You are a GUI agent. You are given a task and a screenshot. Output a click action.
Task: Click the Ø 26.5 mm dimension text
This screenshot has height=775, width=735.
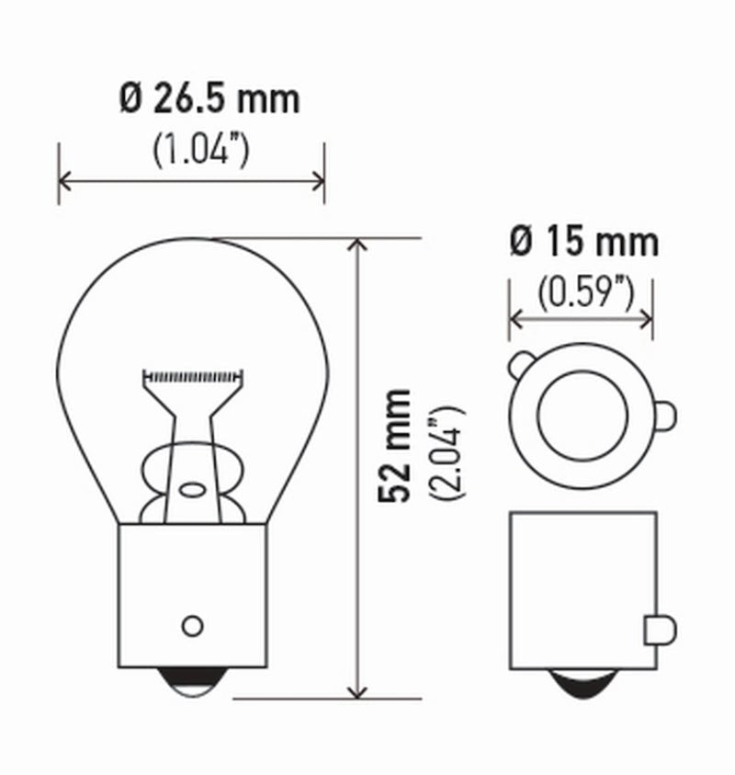[x=209, y=99]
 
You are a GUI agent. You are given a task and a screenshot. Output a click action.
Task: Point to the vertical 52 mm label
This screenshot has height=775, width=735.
[x=396, y=445]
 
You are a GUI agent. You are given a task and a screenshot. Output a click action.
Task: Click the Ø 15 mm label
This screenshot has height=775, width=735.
[x=584, y=242]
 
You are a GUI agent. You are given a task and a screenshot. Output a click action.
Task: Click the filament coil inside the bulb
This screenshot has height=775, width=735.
[x=193, y=376]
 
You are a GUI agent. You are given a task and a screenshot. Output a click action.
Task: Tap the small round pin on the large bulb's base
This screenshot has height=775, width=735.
[x=192, y=625]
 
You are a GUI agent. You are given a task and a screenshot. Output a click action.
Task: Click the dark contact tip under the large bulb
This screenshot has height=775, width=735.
[x=192, y=681]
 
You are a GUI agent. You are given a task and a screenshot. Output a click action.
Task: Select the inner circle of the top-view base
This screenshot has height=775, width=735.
[x=582, y=416]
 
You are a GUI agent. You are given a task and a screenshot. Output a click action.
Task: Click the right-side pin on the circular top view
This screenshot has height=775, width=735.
[x=665, y=416]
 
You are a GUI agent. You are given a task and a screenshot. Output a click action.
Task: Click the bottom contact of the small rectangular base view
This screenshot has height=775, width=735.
[x=582, y=685]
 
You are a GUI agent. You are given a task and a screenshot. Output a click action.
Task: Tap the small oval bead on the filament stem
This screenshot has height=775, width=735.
[x=192, y=489]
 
